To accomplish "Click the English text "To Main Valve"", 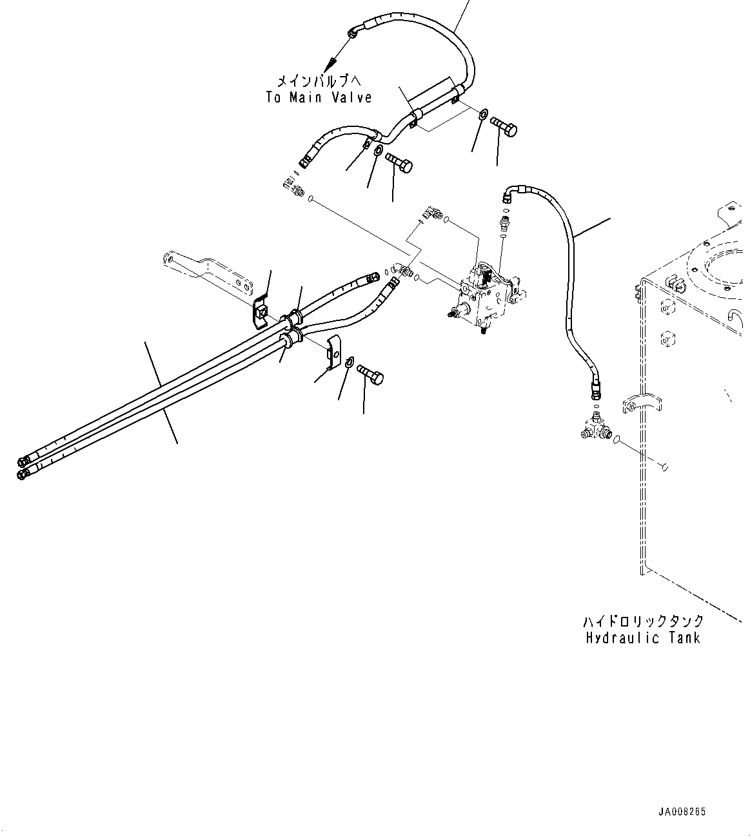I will coord(319,97).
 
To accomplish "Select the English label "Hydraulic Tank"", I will coord(643,638).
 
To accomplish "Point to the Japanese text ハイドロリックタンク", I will coord(643,622).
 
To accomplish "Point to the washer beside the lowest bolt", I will coord(350,362).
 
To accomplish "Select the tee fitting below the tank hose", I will coord(594,429).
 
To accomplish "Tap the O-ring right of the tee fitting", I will coord(617,440).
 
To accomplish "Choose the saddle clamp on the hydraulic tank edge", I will coord(642,402).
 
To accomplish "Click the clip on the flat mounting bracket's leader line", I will coord(261,311).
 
